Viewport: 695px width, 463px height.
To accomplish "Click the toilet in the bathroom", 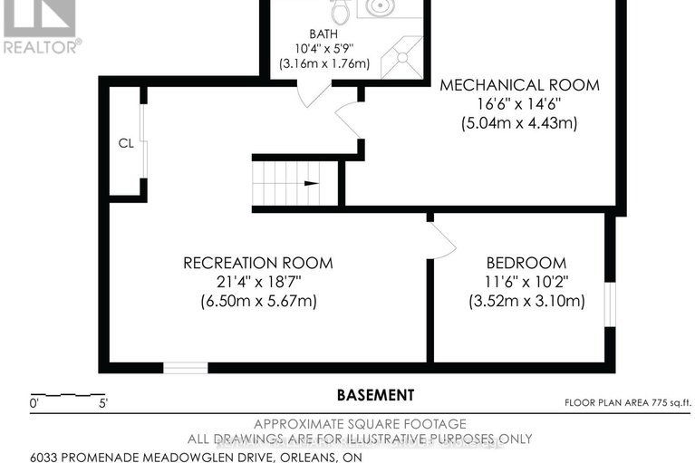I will (x=341, y=11).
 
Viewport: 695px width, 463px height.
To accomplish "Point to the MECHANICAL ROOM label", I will (x=519, y=85).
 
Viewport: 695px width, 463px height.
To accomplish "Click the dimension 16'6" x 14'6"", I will (x=519, y=104).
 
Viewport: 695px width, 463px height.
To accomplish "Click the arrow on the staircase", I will (x=311, y=183).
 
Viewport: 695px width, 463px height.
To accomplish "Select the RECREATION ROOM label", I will (x=257, y=263).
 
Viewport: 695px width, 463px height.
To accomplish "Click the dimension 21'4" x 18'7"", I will (x=257, y=282).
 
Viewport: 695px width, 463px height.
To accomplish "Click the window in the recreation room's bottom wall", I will (x=185, y=367).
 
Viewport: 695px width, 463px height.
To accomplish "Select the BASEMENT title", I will (x=375, y=395).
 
